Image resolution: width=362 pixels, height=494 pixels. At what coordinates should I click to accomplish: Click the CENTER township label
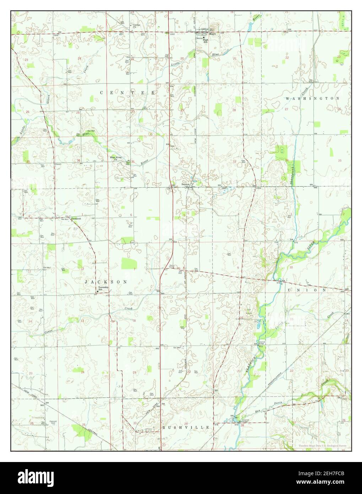click(128, 93)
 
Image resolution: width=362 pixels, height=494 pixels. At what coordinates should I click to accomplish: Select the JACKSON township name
click(106, 281)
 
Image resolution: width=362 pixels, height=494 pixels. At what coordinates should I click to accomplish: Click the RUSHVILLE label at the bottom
click(186, 428)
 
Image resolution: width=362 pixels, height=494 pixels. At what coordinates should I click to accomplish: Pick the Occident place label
click(76, 219)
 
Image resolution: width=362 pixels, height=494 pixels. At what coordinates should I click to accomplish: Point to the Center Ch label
click(137, 26)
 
